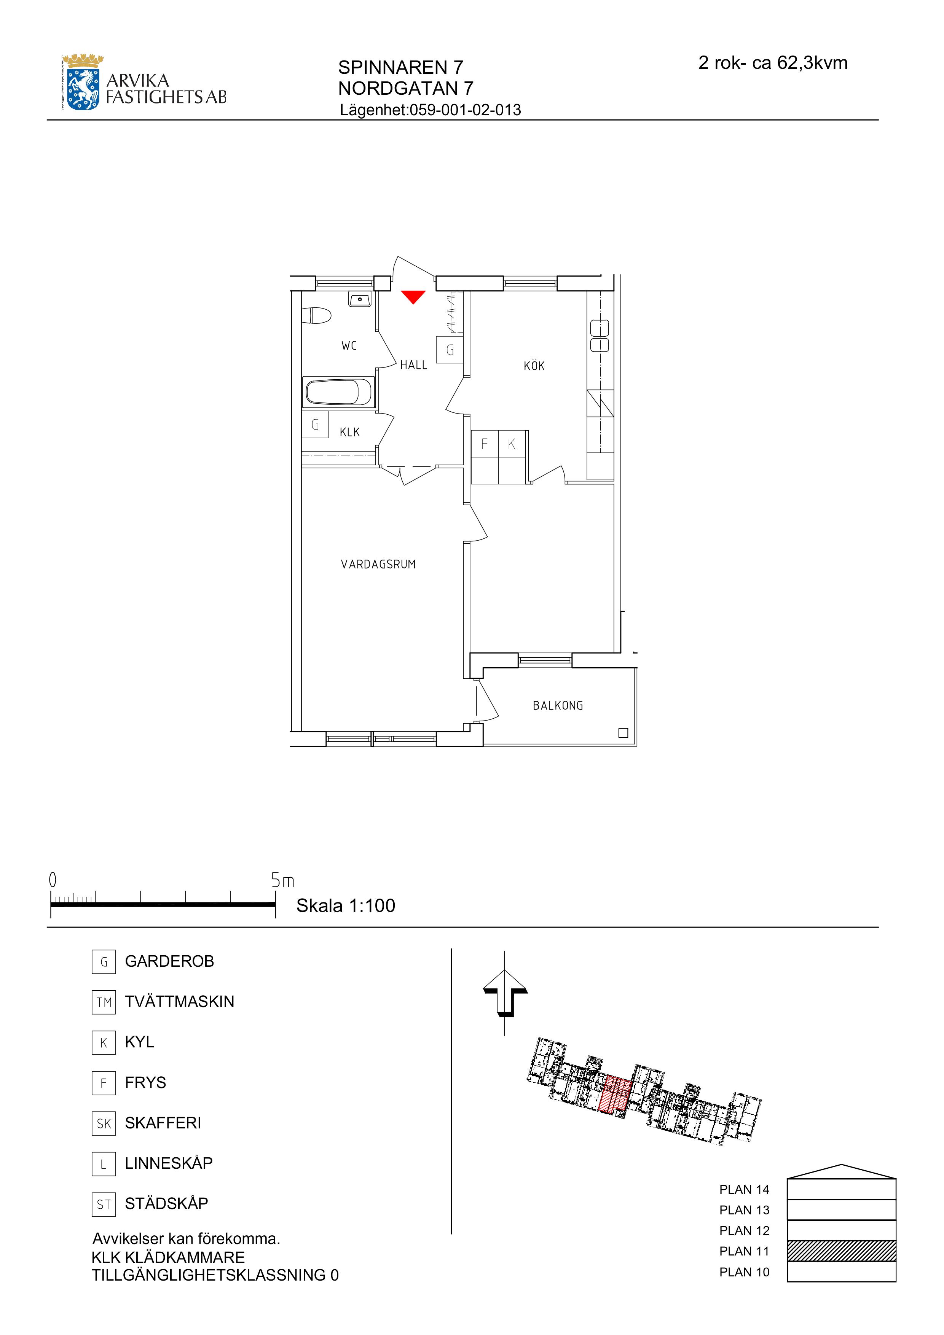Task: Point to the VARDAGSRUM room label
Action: coord(378,564)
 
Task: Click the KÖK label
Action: coord(534,365)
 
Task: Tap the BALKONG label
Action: coord(558,705)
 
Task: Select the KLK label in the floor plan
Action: coord(349,432)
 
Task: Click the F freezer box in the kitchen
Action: coord(485,444)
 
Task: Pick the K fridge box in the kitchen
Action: coord(512,444)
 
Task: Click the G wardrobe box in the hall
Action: coord(450,350)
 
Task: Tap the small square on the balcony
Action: coord(623,733)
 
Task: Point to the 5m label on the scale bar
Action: coord(283,881)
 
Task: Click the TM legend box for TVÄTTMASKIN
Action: coord(104,1002)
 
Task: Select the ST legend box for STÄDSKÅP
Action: coord(104,1204)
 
